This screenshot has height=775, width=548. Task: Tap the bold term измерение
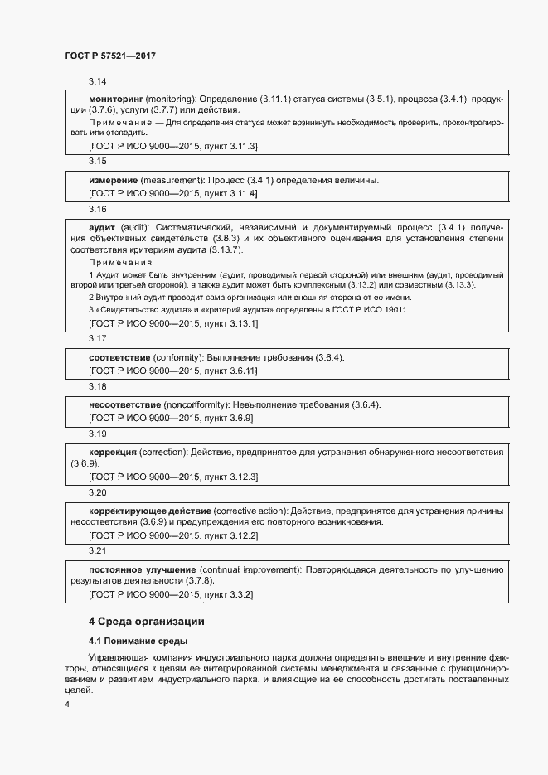[113, 180]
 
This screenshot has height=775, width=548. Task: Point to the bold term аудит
[102, 226]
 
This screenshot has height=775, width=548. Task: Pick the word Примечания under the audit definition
[120, 262]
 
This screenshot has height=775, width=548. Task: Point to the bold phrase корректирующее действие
[149, 511]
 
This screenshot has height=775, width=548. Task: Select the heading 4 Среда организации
[145, 621]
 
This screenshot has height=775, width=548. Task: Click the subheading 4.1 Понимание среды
[138, 641]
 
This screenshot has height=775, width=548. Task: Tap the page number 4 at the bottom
[67, 705]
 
